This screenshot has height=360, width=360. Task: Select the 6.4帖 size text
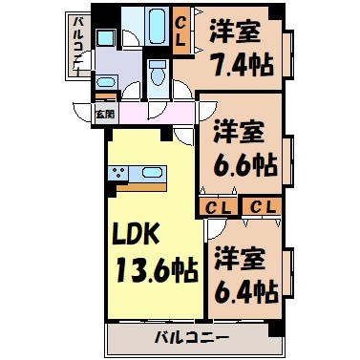[x=244, y=287]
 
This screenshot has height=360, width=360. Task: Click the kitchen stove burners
[x=119, y=174]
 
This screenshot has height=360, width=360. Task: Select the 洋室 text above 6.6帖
[x=239, y=128]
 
